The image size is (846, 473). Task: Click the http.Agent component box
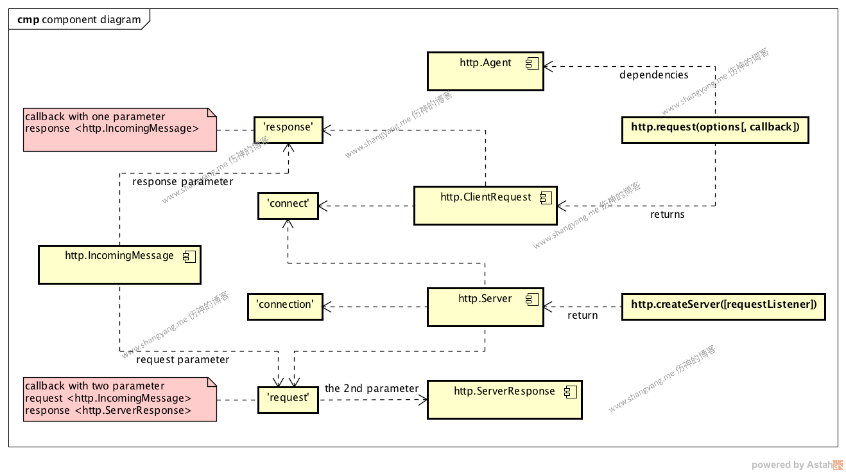[x=485, y=71]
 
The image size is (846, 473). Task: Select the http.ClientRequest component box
[x=485, y=206]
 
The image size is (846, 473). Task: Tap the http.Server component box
[x=485, y=307]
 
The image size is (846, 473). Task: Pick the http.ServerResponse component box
[x=504, y=400]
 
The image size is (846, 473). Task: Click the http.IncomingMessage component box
[x=119, y=264]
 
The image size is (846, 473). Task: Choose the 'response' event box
[x=288, y=130]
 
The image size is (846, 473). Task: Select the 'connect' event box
[x=288, y=206]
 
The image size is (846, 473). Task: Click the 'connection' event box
[x=285, y=307]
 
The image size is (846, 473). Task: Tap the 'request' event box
[x=288, y=400]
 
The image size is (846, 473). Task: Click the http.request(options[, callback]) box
[x=715, y=129]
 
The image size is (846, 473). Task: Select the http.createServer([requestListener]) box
[x=723, y=307]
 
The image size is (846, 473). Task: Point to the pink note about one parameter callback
[x=119, y=130]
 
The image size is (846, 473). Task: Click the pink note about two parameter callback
[x=119, y=400]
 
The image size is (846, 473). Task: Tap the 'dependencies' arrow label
[x=653, y=75]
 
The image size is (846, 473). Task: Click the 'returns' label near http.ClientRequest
[x=667, y=215]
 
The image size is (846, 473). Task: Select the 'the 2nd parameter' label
[x=372, y=388]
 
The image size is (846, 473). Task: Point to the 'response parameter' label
[x=182, y=182]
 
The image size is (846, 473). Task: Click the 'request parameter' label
[x=182, y=360]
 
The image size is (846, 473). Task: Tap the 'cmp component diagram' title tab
[x=79, y=19]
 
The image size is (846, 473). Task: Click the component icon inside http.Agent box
[x=531, y=63]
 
